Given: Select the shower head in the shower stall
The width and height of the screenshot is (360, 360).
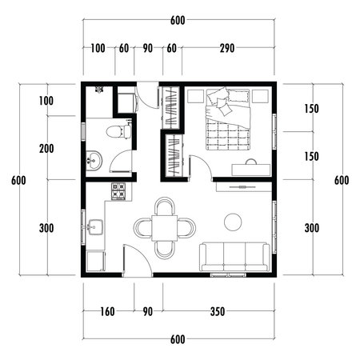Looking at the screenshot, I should click(99, 90).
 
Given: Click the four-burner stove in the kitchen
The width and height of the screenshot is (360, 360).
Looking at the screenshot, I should click(118, 191).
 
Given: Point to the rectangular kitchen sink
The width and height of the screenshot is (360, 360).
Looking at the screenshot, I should click(94, 227).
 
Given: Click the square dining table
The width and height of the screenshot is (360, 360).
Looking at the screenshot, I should click(165, 228).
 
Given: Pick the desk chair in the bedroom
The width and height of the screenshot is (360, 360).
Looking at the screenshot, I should click(252, 160).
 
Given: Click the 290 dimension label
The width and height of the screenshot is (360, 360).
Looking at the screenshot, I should click(227, 49).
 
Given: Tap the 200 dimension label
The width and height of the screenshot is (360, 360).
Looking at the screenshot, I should click(46, 148).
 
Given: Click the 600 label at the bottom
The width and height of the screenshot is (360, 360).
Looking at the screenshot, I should click(179, 339).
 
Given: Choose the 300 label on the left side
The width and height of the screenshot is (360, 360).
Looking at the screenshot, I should click(46, 228).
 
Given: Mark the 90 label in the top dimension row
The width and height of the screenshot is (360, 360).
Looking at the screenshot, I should click(147, 49).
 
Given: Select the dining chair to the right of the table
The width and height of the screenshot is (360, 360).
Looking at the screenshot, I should click(188, 228).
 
